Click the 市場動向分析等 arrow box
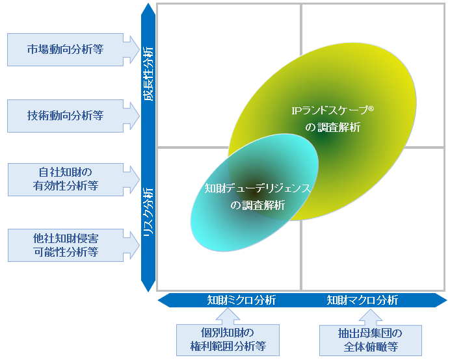click(66, 49)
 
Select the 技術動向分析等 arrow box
click(66, 116)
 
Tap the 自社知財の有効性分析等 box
click(66, 179)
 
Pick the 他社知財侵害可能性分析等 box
click(66, 244)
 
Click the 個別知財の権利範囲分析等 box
click(228, 340)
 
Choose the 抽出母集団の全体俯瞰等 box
click(371, 340)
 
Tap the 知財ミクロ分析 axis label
click(241, 300)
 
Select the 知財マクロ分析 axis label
click(362, 300)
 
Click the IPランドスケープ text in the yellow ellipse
click(328, 110)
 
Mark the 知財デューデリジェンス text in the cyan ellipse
click(258, 188)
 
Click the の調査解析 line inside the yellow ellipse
click(332, 127)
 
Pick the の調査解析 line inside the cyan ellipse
click(258, 205)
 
